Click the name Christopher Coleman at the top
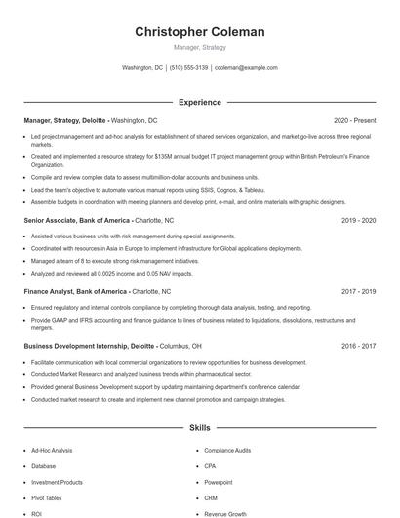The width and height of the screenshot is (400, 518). coord(199,32)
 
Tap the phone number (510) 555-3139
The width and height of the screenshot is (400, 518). coord(188,68)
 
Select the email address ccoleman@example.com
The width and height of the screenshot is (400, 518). coord(246,68)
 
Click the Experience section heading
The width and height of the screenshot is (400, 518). coord(199,102)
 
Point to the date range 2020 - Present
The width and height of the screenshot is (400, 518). coord(354,119)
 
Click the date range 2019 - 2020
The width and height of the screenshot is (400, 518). coord(358,221)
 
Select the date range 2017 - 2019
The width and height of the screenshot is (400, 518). coord(358,291)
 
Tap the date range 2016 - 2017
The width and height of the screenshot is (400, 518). coord(358,346)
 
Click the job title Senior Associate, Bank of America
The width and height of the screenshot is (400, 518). coord(75,221)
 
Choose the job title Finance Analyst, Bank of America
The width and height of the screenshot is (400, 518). coord(74,291)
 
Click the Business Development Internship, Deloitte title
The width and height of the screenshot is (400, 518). coord(89,346)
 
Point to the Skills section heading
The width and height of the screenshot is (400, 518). coord(199,428)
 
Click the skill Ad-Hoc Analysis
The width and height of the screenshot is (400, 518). coord(52,451)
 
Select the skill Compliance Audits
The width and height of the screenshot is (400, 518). coord(226,451)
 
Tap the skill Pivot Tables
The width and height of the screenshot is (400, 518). coord(47,497)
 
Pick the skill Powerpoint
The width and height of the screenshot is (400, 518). coord(219,482)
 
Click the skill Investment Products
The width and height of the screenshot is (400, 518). coord(57,482)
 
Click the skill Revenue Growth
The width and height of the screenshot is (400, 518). coord(224,513)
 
